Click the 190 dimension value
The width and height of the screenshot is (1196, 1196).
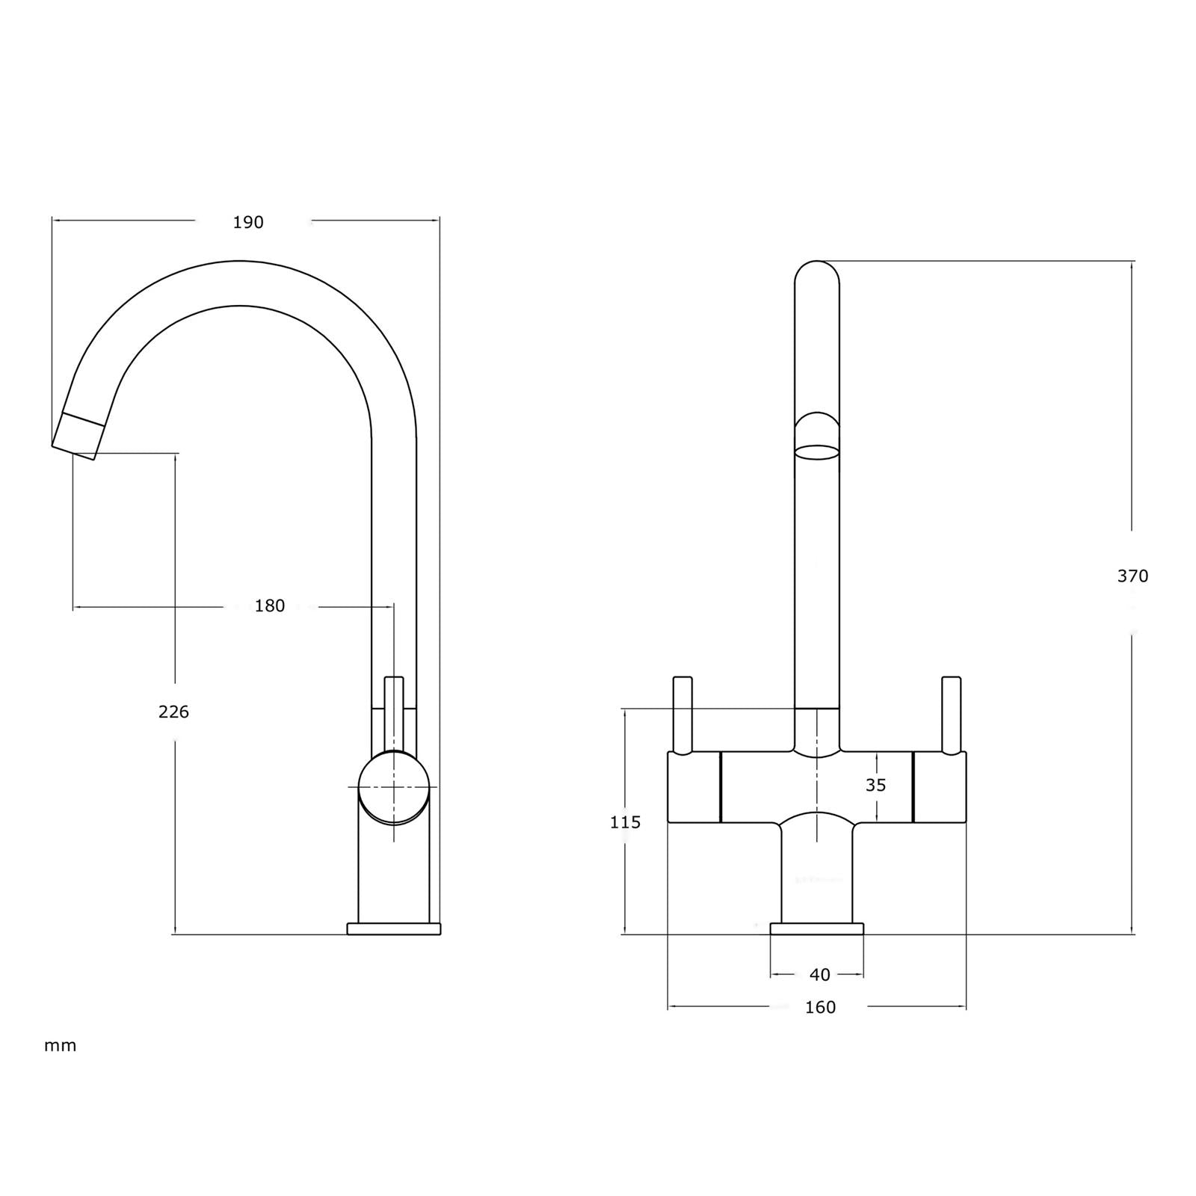(x=248, y=223)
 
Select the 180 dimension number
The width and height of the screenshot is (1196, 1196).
(x=270, y=606)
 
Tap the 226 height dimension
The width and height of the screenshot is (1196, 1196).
(x=173, y=712)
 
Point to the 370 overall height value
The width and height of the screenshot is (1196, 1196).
(x=1132, y=576)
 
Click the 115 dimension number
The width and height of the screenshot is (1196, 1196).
(x=625, y=823)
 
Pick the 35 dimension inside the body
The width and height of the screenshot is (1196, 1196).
(x=875, y=786)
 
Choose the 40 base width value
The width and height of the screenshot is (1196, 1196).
(x=819, y=975)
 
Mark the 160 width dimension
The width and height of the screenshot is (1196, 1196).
(x=820, y=1008)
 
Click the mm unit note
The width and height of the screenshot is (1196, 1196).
(x=60, y=1046)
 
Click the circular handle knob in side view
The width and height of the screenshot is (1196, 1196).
(x=394, y=787)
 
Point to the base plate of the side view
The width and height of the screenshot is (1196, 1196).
(x=394, y=929)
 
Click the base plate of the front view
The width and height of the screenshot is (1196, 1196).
(x=817, y=929)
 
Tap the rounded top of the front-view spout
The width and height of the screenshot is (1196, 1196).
(x=816, y=273)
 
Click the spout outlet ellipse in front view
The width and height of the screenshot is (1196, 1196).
(x=816, y=451)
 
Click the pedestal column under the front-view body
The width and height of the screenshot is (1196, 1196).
(x=817, y=875)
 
